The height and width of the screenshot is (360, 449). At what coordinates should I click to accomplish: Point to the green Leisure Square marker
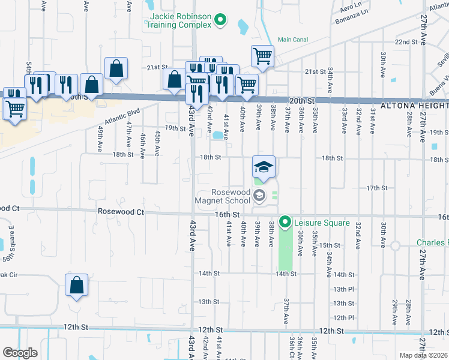[x=286, y=223]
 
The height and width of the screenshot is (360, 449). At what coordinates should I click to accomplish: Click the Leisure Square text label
[x=321, y=223]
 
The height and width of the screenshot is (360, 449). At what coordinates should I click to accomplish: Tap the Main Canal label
[x=293, y=40]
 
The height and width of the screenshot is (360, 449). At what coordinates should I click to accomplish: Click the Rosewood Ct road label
[x=121, y=212]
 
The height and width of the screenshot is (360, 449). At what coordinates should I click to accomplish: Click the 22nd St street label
[x=406, y=42]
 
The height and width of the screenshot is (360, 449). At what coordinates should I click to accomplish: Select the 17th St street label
[x=377, y=188]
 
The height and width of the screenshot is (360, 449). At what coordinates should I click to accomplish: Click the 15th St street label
[x=330, y=245]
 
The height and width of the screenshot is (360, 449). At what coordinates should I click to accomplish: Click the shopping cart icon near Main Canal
[x=262, y=56]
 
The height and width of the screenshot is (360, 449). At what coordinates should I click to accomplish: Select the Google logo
[x=20, y=352]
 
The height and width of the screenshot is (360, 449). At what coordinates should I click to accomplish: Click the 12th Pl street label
[x=344, y=317]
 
